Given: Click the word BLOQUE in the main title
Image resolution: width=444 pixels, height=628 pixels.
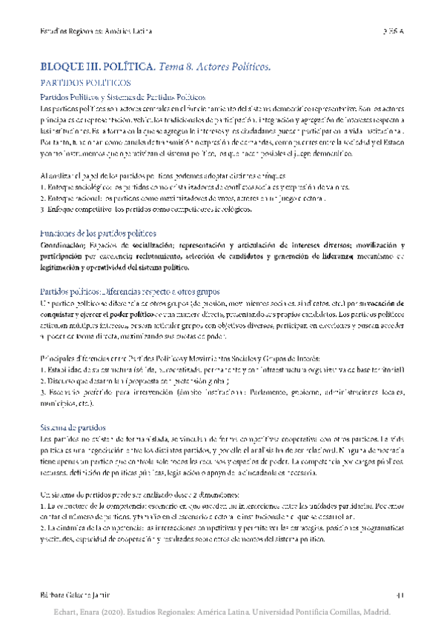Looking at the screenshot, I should click(64, 67).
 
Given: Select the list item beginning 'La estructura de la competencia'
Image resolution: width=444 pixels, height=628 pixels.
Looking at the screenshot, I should click(222, 510).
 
